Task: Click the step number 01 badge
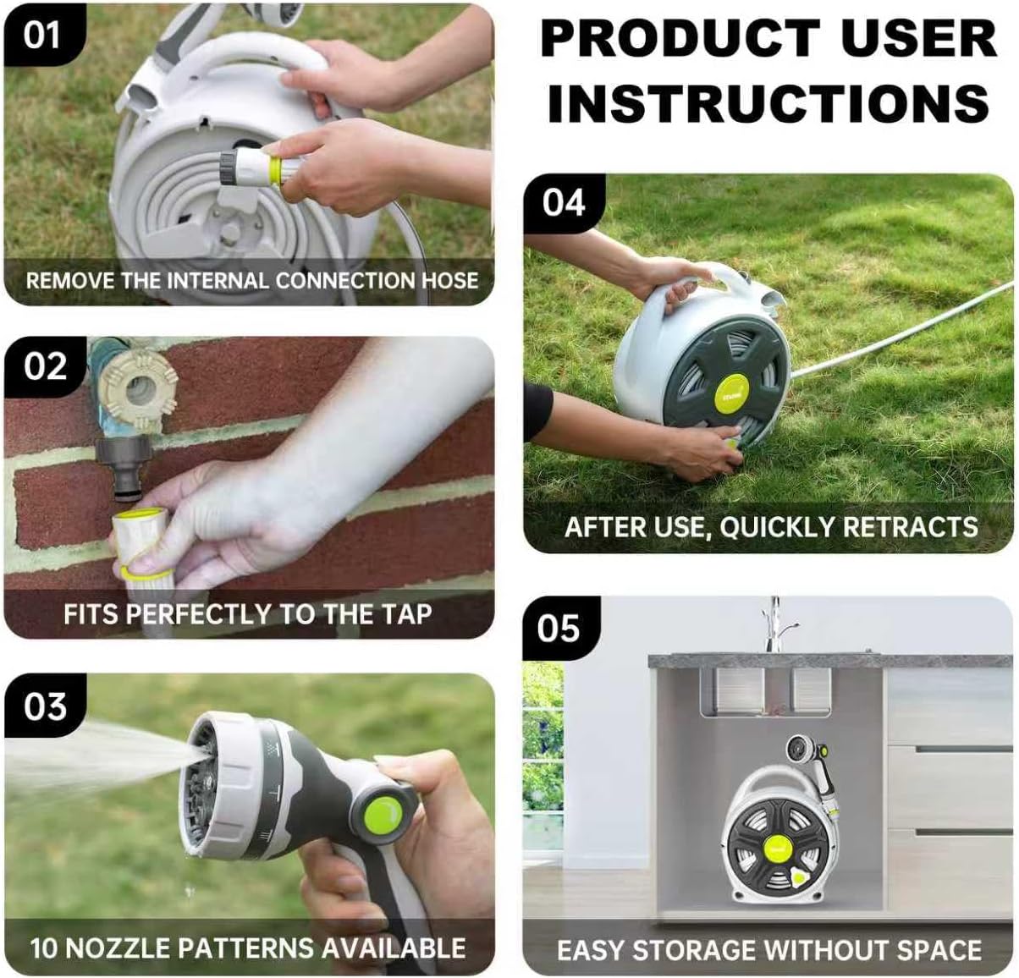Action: click(42, 36)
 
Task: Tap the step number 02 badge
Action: click(45, 368)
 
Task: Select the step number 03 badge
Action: click(45, 706)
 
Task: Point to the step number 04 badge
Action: click(564, 204)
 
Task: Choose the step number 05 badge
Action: click(559, 629)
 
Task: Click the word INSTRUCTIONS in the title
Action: click(768, 102)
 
